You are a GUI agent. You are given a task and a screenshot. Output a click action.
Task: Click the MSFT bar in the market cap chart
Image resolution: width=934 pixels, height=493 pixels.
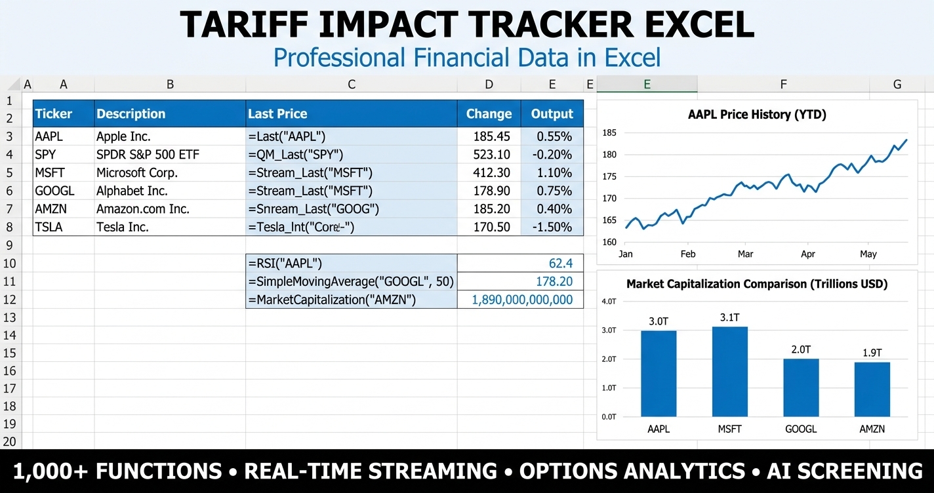point(729,371)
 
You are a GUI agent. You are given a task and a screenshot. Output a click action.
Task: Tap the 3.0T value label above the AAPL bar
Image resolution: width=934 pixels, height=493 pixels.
point(658,321)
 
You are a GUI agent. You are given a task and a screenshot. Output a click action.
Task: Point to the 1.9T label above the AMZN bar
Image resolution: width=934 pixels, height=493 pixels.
point(872,353)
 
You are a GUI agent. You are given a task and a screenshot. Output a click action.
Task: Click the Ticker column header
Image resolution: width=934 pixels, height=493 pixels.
point(54,113)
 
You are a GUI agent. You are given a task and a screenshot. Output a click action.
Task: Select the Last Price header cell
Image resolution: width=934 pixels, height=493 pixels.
point(277,113)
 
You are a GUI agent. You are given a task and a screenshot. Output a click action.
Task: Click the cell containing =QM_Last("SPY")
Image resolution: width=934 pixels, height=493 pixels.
point(296,155)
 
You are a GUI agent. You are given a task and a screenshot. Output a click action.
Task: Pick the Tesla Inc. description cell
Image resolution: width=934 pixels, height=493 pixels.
point(123,227)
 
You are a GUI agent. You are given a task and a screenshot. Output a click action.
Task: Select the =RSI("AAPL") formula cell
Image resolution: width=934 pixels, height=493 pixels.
point(285,264)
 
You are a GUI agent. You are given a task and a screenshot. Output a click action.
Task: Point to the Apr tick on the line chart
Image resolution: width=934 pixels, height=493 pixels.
point(807,254)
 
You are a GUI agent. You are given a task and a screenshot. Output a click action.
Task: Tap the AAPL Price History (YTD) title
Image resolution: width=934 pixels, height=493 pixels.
point(756,115)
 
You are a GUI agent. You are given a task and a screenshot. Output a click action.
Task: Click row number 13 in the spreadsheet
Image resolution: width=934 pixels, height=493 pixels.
point(10,317)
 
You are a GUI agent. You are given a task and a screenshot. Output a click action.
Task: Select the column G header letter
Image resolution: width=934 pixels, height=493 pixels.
point(897,84)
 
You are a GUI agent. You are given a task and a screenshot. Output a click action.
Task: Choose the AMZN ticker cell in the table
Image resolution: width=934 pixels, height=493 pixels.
point(51,209)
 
